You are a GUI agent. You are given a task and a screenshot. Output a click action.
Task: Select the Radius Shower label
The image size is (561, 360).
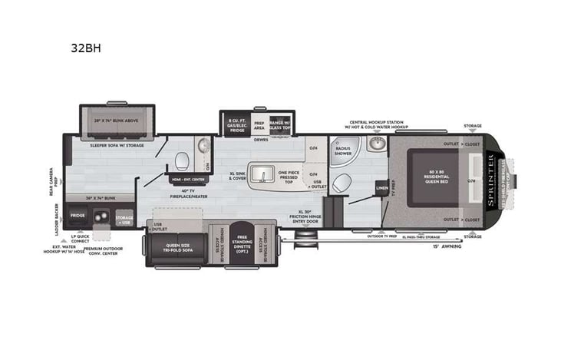pos(342,151)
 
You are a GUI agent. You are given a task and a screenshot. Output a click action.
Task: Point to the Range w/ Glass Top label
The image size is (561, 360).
pos(281,125)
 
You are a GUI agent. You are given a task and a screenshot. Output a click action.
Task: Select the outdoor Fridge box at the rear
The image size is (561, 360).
pos(78,216)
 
